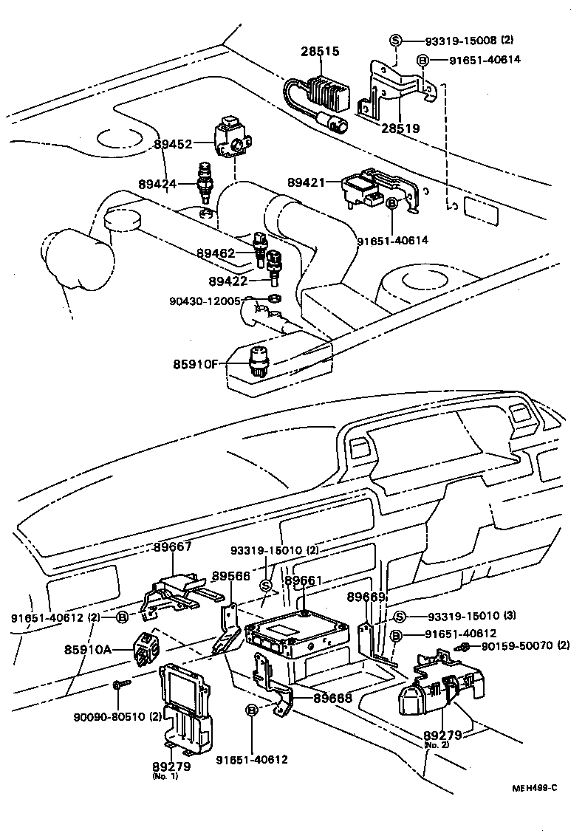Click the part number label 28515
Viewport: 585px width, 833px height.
click(320, 51)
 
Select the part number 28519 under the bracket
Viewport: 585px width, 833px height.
click(400, 128)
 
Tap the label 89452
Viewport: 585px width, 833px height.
click(174, 145)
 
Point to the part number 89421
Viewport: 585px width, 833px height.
click(306, 181)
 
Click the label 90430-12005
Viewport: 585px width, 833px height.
click(205, 301)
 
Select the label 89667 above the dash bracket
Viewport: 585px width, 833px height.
click(173, 547)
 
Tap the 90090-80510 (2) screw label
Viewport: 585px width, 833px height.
click(117, 715)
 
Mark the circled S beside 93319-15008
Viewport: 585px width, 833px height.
click(395, 40)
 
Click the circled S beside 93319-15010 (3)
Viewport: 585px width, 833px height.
click(399, 617)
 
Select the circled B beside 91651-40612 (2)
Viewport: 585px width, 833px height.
click(122, 617)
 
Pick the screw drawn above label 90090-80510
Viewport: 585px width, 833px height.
click(120, 686)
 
